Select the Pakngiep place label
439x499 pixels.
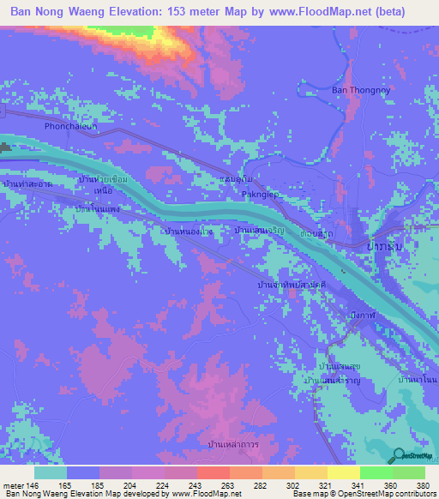[262, 195]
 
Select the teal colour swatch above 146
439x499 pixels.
[50, 472]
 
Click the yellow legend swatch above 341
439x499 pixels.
[343, 472]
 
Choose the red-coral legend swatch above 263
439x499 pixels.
[212, 472]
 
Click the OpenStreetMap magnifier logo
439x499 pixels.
[400, 455]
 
